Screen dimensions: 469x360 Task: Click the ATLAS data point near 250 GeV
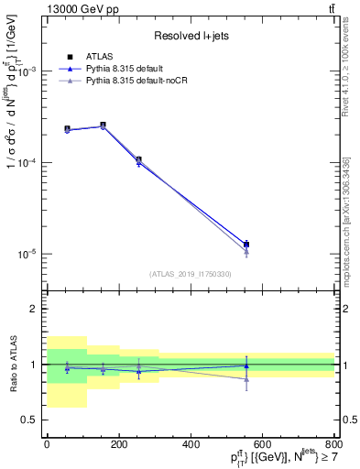click(x=138, y=160)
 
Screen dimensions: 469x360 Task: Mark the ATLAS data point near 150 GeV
click(x=103, y=125)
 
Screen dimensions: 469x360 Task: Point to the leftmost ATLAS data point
click(x=67, y=129)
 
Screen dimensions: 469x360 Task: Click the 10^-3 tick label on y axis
click(x=26, y=71)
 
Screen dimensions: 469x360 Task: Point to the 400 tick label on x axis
click(x=191, y=444)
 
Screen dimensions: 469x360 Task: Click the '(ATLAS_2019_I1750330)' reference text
click(x=190, y=274)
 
